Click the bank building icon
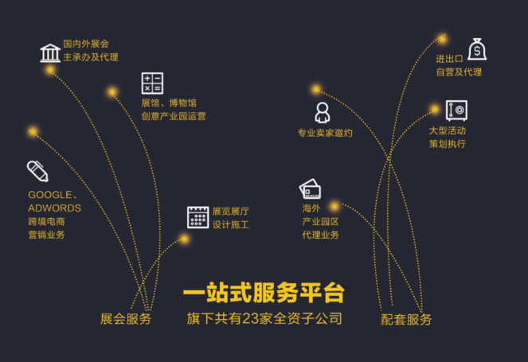point(50,53)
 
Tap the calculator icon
point(152,83)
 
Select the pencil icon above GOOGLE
point(37,170)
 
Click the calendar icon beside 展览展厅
point(198,217)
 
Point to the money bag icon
point(476,50)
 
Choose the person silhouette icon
point(323,111)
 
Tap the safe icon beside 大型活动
point(456,110)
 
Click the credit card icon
point(310,189)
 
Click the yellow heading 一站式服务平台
point(264,292)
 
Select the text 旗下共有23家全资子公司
point(264,318)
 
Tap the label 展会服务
point(126,319)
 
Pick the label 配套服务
point(406,319)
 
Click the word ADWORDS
point(54,208)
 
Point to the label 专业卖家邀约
point(325,133)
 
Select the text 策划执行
point(447,144)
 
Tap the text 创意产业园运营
point(173,116)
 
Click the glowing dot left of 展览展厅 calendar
point(184,239)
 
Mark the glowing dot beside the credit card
point(334,206)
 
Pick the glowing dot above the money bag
point(442,38)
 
